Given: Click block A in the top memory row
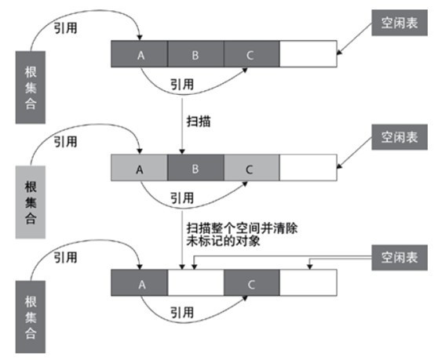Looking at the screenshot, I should (x=140, y=55).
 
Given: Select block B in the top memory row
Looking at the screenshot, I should (x=195, y=55).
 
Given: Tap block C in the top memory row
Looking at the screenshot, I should (x=251, y=55).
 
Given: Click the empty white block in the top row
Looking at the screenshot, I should (x=308, y=55).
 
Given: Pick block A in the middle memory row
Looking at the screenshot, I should (x=140, y=169).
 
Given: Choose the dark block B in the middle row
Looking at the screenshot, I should (x=195, y=169).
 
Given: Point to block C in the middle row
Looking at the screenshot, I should (x=251, y=169).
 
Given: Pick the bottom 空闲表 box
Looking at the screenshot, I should (x=399, y=257).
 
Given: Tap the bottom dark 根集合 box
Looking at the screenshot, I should (x=30, y=313).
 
